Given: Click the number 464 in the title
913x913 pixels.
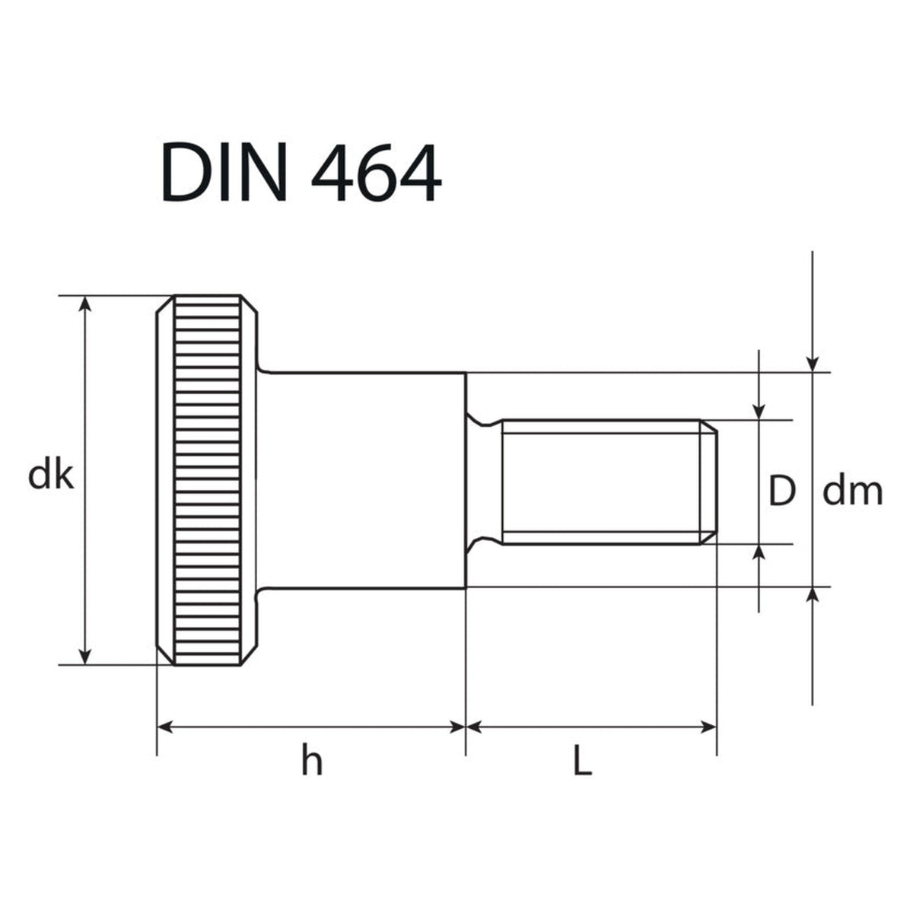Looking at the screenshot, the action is coord(377,172).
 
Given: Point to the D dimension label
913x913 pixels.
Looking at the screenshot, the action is coord(782,491).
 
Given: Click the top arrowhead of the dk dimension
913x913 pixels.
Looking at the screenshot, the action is coord(84,304).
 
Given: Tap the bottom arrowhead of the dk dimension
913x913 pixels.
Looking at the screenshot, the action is coord(84,655).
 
